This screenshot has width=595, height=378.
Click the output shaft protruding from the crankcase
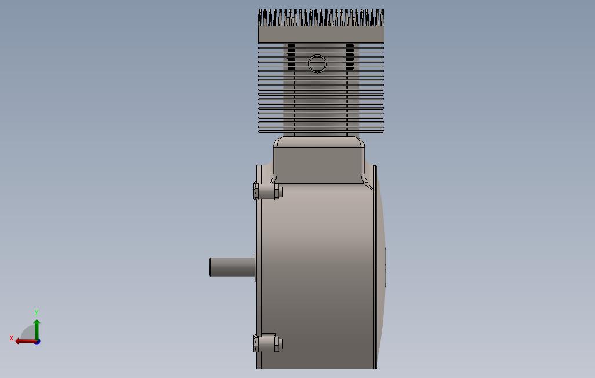point(232,267)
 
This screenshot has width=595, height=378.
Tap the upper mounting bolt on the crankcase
point(268,191)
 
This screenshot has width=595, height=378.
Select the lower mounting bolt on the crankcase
point(268,343)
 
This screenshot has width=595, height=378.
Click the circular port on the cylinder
point(317,64)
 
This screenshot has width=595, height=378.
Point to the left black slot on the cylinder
point(291,57)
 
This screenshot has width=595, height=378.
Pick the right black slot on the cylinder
point(350,57)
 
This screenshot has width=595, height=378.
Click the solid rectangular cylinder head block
point(321,34)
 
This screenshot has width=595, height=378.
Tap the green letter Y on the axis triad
point(37,312)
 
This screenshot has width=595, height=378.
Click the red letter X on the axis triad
point(12,338)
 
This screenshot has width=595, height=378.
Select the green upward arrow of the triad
point(37,329)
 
